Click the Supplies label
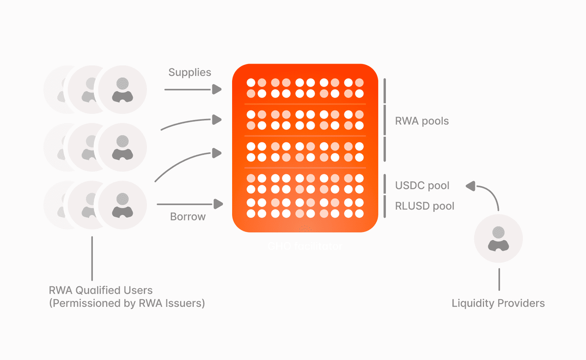190,72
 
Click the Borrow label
188,216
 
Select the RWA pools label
422,121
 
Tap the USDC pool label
422,186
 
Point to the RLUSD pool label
424,206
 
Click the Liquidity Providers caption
498,303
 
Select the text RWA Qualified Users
101,290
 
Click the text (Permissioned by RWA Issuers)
127,303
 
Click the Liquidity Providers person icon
498,239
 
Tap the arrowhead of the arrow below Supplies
217,90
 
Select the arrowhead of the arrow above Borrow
218,204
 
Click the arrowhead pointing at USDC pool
470,186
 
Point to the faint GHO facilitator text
304,246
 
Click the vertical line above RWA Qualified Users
92,258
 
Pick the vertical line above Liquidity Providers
499,279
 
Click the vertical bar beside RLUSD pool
385,206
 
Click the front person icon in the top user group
122,90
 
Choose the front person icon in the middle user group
122,147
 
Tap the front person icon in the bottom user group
122,204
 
